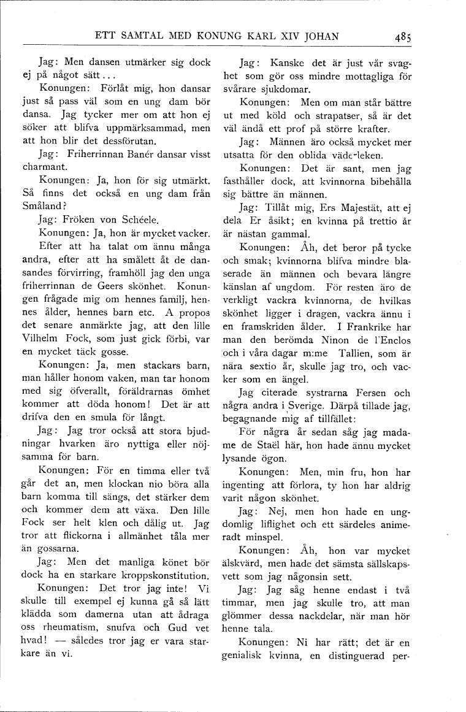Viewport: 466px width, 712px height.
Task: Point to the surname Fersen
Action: [x=372, y=393]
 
